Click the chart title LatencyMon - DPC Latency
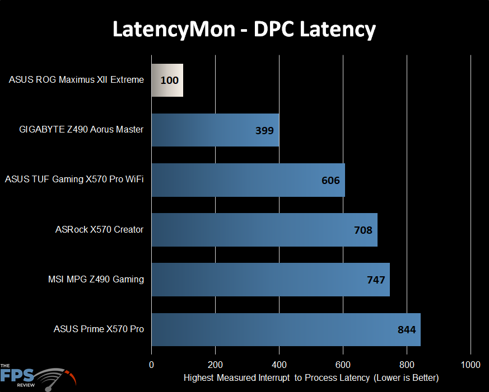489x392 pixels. (244, 29)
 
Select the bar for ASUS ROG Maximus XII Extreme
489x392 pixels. (167, 80)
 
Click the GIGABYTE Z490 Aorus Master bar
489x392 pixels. (215, 130)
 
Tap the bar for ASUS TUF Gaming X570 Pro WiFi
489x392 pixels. (248, 180)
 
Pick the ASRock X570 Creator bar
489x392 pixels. (264, 229)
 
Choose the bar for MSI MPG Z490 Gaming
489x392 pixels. (270, 279)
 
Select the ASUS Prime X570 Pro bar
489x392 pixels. (286, 329)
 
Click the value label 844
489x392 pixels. (406, 329)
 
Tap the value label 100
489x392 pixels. (169, 81)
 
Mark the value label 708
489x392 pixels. (363, 230)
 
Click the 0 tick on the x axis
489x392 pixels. (151, 365)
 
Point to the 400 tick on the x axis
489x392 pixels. (279, 365)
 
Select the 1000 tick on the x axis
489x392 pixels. (471, 365)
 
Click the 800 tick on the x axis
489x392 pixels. (407, 365)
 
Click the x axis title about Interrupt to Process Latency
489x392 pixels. (311, 378)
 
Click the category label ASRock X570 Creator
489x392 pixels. (99, 229)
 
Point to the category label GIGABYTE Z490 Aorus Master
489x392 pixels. (81, 130)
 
